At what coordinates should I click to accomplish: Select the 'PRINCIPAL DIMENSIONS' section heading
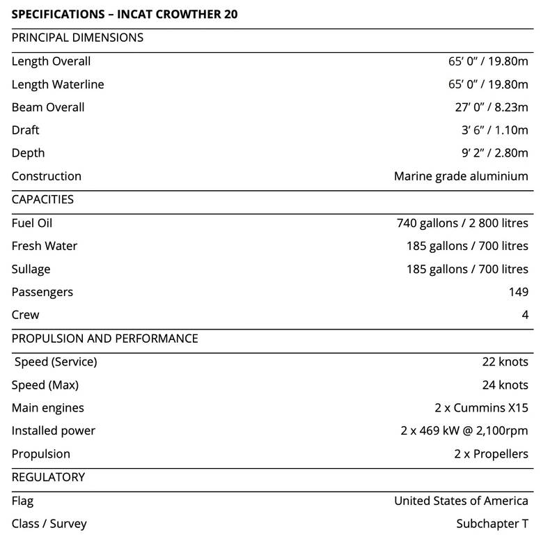click(x=78, y=38)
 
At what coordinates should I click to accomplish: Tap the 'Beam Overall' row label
click(x=48, y=107)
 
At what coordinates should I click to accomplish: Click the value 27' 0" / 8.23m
click(x=491, y=107)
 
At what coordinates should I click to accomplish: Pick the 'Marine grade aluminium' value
click(x=461, y=176)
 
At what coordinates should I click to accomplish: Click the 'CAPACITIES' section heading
click(x=42, y=199)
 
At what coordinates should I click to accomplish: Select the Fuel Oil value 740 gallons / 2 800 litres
click(x=462, y=224)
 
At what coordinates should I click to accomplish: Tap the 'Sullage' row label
click(x=31, y=269)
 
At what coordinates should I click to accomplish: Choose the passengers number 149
click(x=519, y=292)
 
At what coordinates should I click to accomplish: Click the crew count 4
click(x=525, y=315)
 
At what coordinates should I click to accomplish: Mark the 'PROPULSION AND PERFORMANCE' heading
click(x=105, y=338)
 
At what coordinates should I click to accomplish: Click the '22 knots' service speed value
click(x=505, y=361)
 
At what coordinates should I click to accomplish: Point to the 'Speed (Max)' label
click(x=45, y=385)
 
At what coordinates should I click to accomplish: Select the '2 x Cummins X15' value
click(x=481, y=408)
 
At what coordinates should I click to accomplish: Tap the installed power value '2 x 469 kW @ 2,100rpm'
click(x=464, y=431)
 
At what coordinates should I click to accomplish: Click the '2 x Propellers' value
click(x=491, y=454)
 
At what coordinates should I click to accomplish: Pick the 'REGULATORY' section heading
click(x=48, y=477)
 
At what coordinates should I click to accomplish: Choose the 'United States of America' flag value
click(x=461, y=501)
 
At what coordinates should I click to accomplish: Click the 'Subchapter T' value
click(x=492, y=524)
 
